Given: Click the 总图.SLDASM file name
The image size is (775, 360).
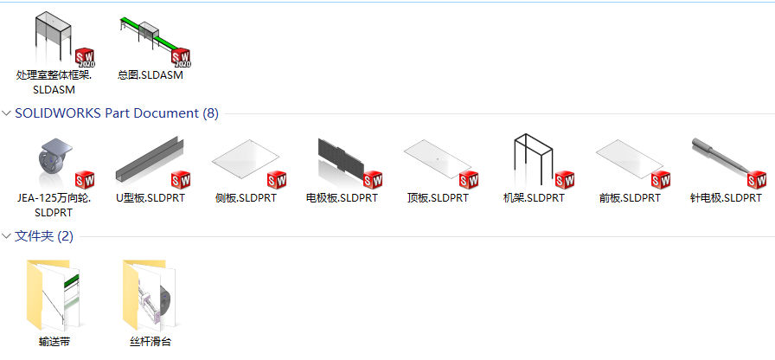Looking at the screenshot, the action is (151, 75).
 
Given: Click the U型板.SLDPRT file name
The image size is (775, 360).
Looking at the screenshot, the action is (151, 198).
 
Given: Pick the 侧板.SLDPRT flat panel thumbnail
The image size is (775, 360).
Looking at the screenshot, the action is (246, 158).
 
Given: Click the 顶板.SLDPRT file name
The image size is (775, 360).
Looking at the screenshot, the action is (438, 198).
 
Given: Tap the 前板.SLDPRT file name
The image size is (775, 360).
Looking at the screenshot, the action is (630, 198).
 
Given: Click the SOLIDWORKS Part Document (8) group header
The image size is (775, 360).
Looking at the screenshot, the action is (117, 113).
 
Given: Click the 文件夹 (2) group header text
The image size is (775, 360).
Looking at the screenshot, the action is (44, 236).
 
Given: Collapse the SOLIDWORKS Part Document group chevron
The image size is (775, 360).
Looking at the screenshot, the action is (6, 113).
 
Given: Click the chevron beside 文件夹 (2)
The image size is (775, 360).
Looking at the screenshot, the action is (6, 236).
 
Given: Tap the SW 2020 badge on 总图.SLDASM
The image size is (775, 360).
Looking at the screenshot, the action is (181, 57).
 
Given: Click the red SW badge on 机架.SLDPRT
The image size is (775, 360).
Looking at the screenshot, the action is (565, 180).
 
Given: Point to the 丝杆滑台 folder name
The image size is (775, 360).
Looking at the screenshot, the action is (151, 342).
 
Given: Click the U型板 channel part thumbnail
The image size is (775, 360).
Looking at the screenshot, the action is (150, 158).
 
